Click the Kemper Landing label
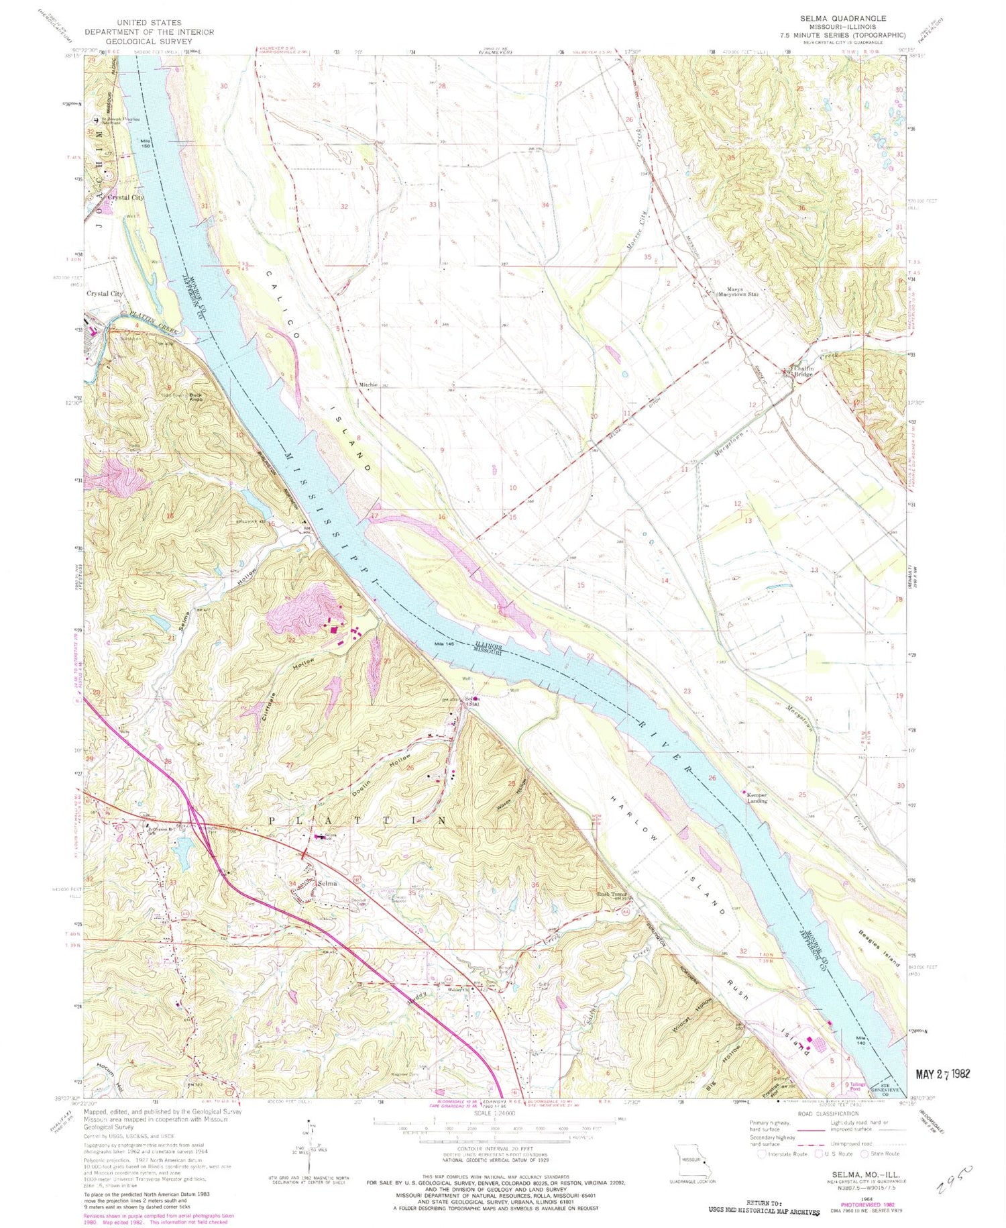(x=757, y=798)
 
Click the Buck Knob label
(x=196, y=397)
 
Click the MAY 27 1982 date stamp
(x=942, y=1074)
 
